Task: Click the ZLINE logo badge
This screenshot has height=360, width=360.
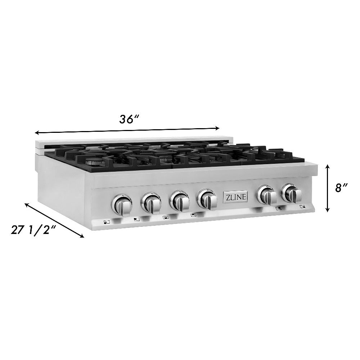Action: coord(235,197)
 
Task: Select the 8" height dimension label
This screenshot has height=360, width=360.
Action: coord(341,188)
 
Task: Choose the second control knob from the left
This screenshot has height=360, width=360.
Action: coord(151,203)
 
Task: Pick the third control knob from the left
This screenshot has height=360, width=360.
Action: coord(179,201)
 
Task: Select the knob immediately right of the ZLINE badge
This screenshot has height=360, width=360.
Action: coord(267,195)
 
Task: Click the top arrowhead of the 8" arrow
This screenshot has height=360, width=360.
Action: coord(327,166)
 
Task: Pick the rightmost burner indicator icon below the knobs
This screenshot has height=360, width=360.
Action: coord(302,207)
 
